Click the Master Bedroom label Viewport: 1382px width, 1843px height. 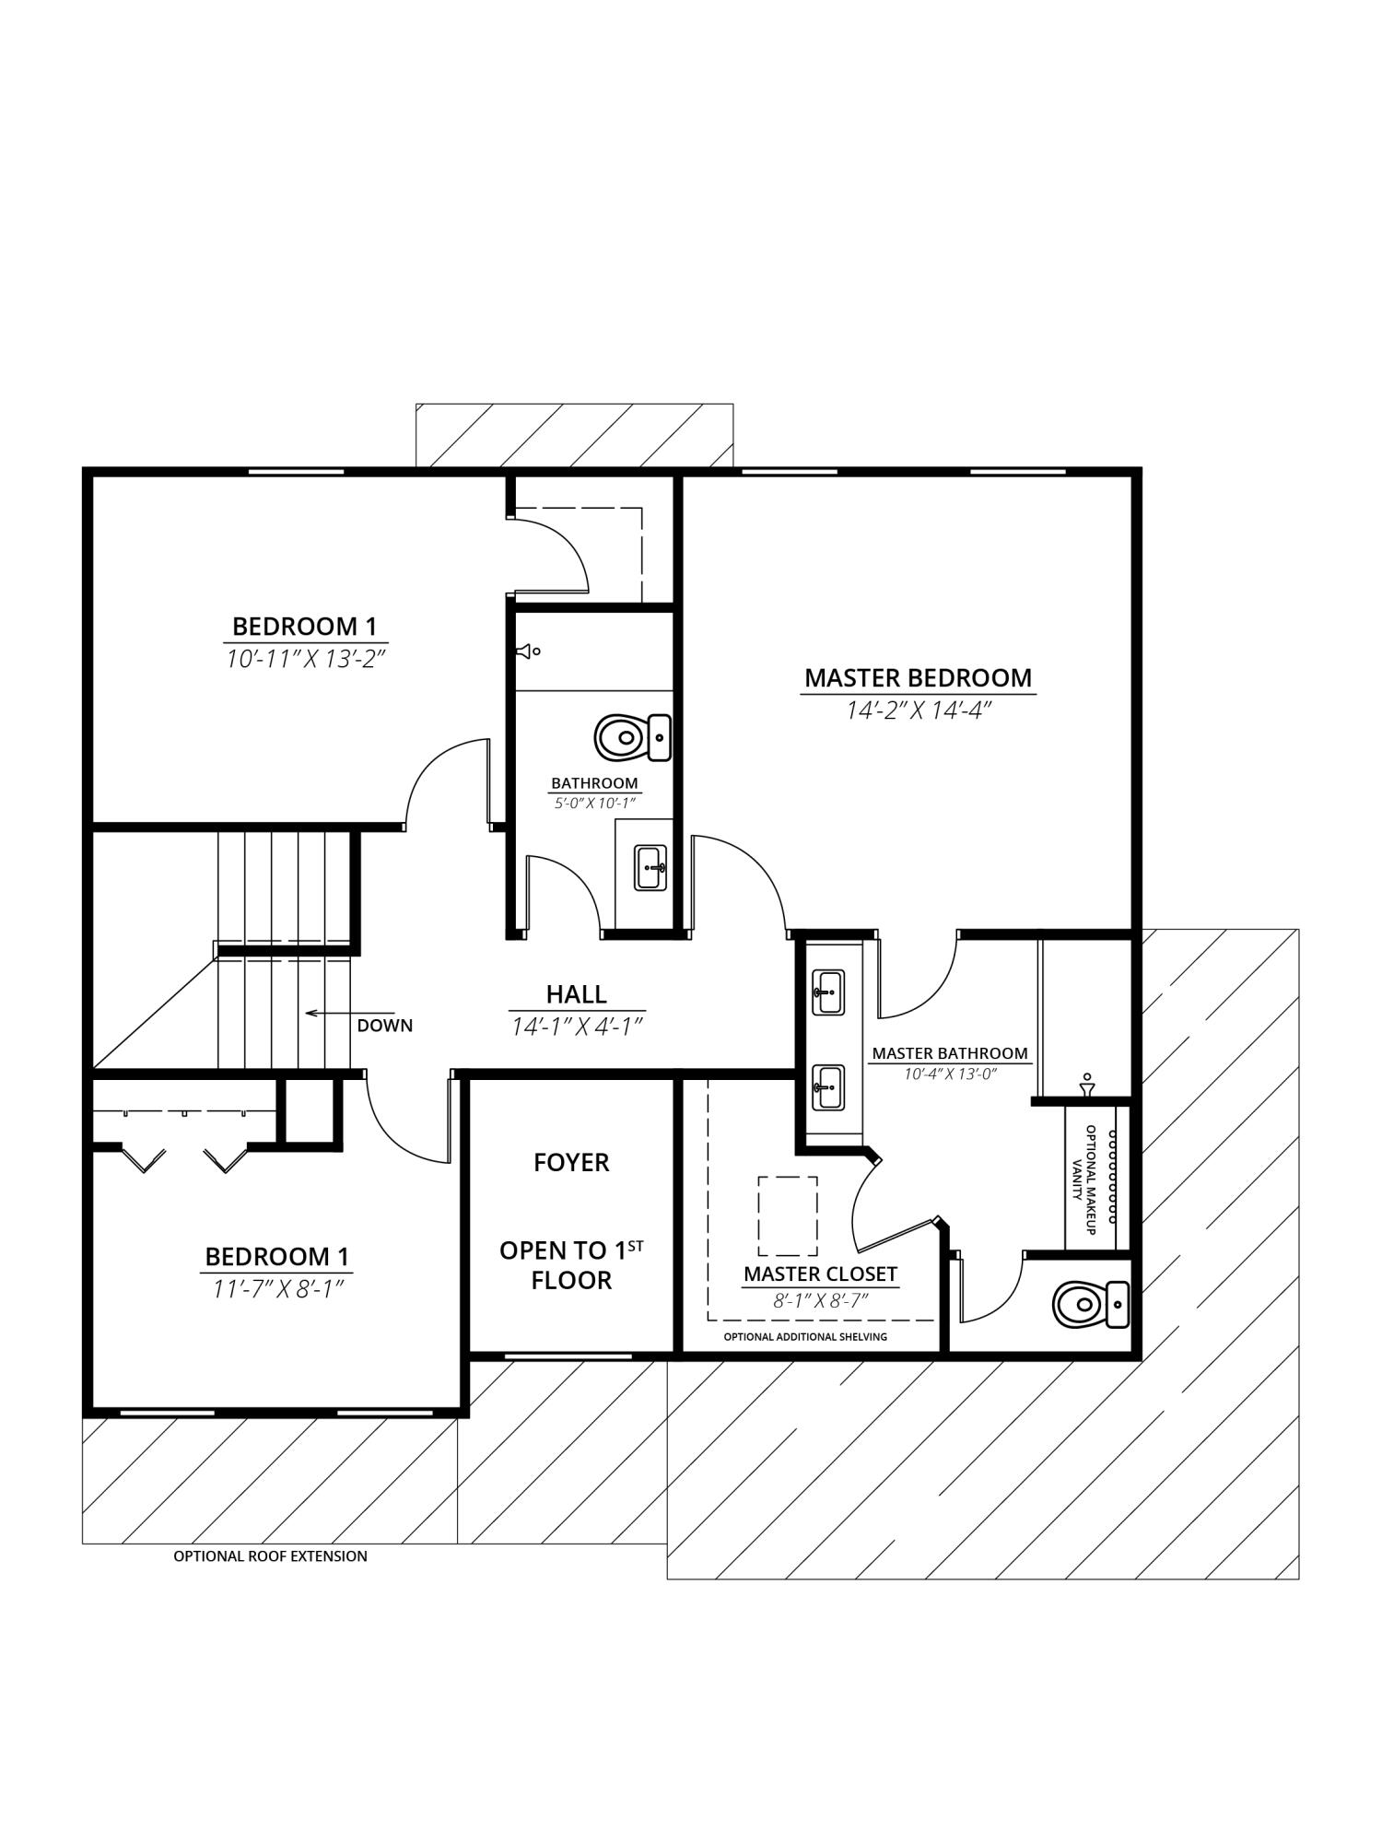click(918, 677)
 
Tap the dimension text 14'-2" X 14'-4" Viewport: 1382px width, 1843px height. click(918, 710)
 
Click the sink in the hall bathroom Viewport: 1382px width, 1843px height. click(650, 867)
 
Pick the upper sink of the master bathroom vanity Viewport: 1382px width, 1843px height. click(828, 992)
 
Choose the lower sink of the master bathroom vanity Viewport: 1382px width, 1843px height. click(828, 1087)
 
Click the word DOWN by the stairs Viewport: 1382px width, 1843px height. click(385, 1026)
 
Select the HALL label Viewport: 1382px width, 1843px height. click(576, 994)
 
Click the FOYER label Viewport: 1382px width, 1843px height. click(571, 1163)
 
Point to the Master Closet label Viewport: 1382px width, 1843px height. click(820, 1274)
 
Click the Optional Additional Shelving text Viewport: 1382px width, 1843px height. click(805, 1337)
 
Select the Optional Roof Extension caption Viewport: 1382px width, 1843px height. click(270, 1556)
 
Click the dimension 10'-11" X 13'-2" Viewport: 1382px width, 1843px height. click(305, 659)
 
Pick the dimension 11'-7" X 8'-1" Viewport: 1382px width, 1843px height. click(277, 1289)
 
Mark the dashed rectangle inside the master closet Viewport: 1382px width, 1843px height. click(788, 1215)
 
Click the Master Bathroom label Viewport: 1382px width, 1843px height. click(950, 1053)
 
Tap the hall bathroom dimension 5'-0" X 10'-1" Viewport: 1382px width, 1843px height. click(594, 803)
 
